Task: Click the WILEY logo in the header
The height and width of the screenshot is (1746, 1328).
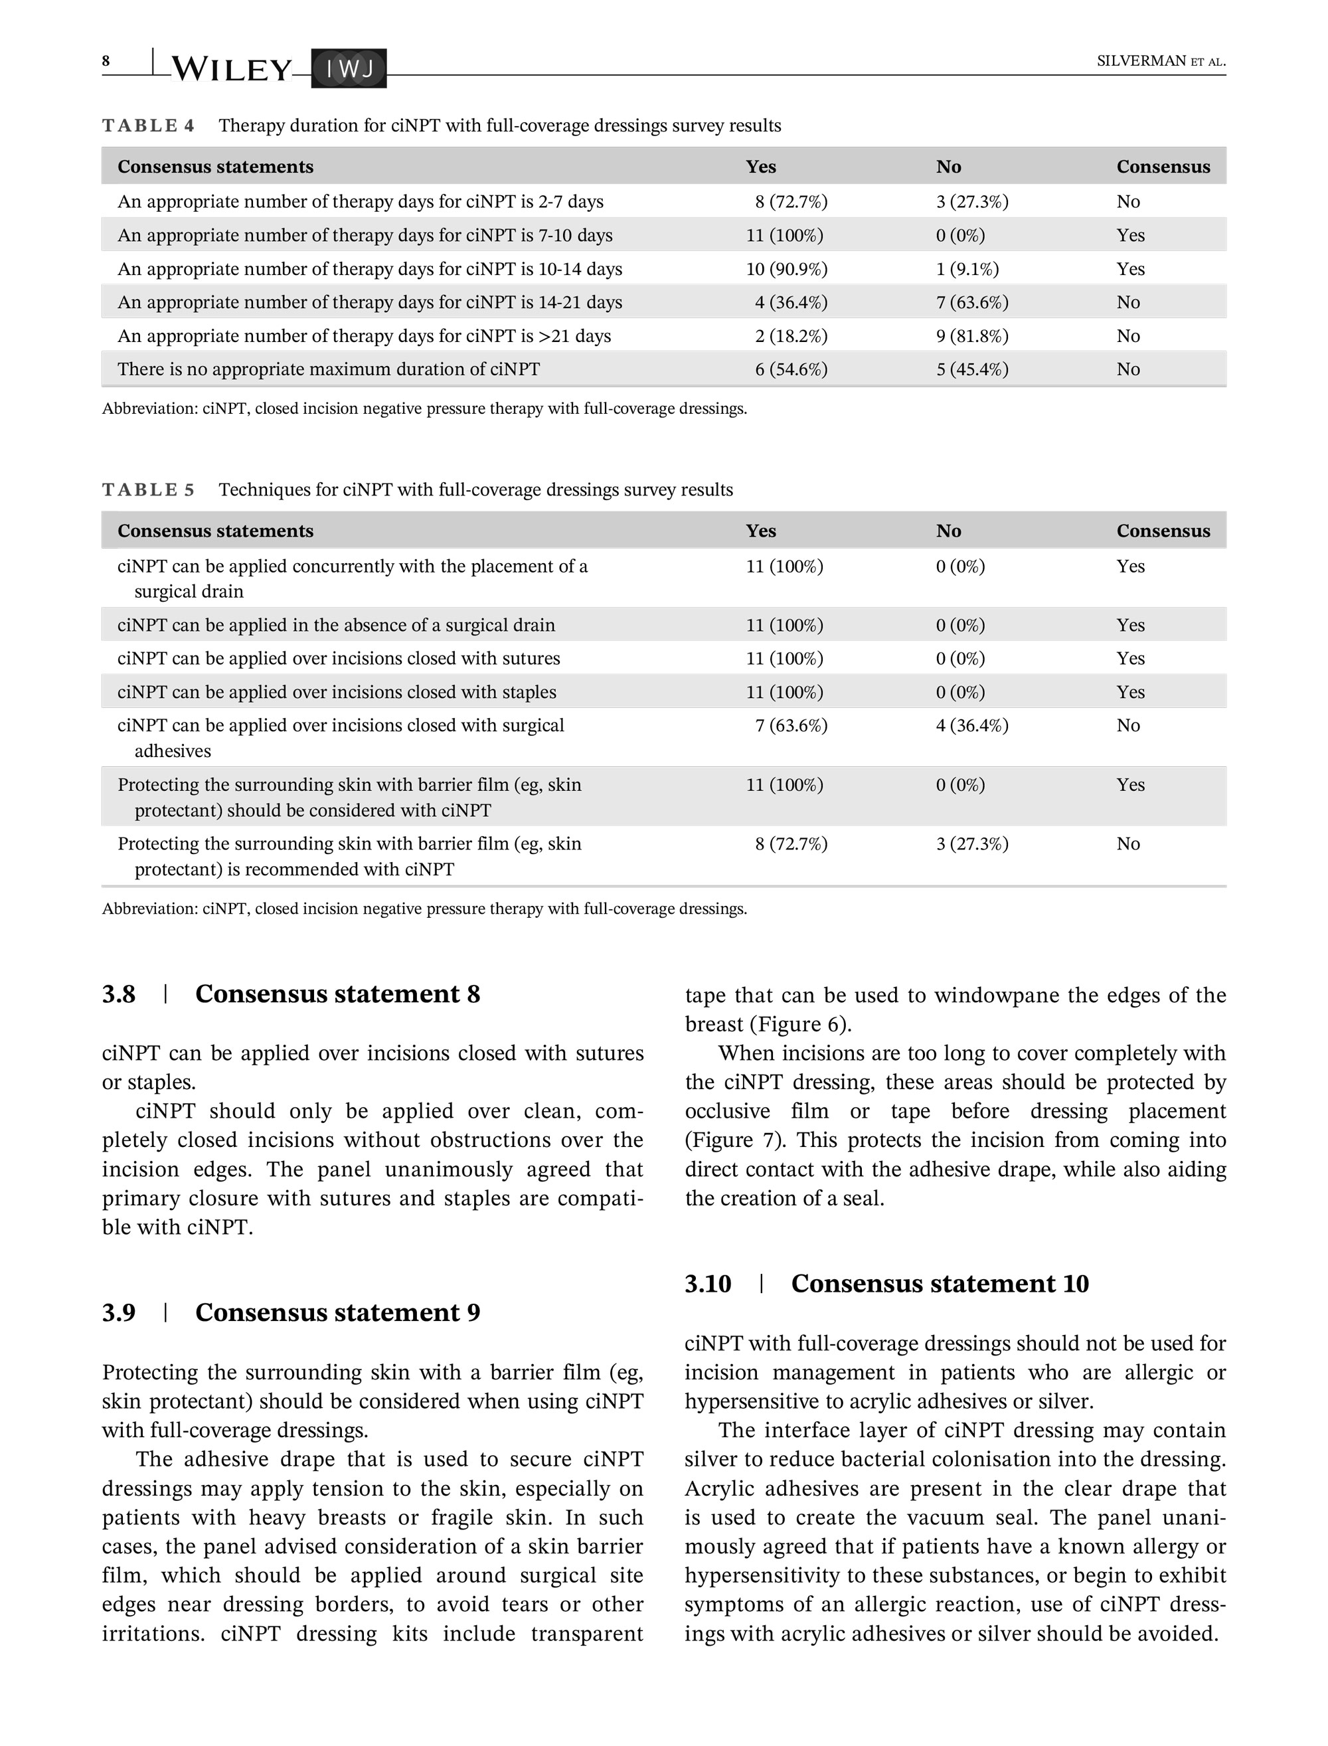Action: [x=231, y=70]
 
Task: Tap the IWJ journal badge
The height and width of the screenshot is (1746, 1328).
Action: [x=349, y=70]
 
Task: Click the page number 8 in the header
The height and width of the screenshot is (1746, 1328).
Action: [x=106, y=61]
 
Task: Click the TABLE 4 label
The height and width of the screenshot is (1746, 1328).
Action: [x=148, y=126]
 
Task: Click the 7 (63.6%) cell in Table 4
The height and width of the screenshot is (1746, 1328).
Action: [x=971, y=302]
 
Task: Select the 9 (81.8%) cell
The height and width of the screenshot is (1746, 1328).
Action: [x=971, y=336]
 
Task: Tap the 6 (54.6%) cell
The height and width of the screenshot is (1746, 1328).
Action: [x=790, y=369]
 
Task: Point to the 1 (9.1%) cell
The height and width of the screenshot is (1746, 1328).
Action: [x=967, y=269]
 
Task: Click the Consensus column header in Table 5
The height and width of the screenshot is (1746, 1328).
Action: [x=1162, y=531]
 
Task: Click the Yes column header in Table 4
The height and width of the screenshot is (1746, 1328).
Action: [x=760, y=167]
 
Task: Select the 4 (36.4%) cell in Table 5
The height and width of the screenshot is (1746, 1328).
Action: [x=971, y=726]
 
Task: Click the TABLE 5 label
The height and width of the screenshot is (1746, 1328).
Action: [x=148, y=490]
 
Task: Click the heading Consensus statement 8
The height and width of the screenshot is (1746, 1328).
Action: [x=337, y=994]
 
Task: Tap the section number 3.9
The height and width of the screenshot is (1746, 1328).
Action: [x=119, y=1312]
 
